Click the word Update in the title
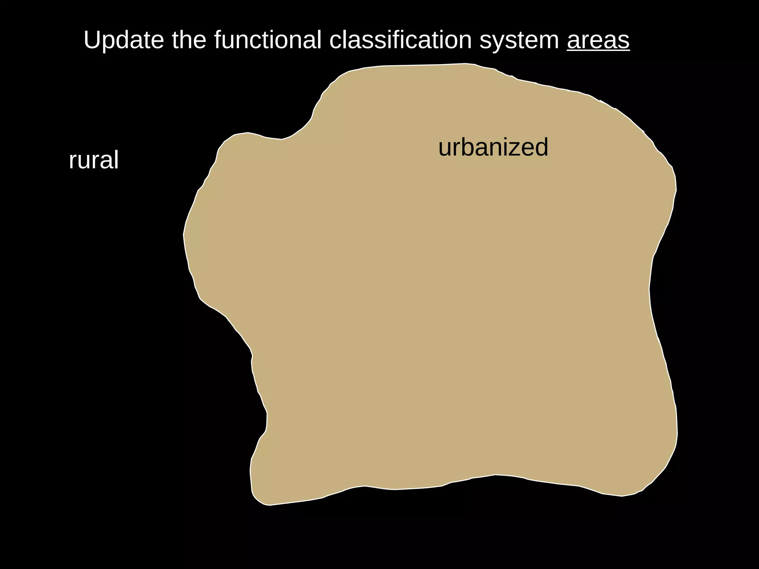click(x=123, y=40)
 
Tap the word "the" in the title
click(x=189, y=40)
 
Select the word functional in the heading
click(x=268, y=40)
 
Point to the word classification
click(x=400, y=40)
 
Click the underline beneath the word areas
click(x=598, y=51)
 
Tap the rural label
click(x=94, y=160)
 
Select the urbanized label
click(x=493, y=147)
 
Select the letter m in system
click(x=548, y=42)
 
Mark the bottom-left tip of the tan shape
click(x=268, y=505)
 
